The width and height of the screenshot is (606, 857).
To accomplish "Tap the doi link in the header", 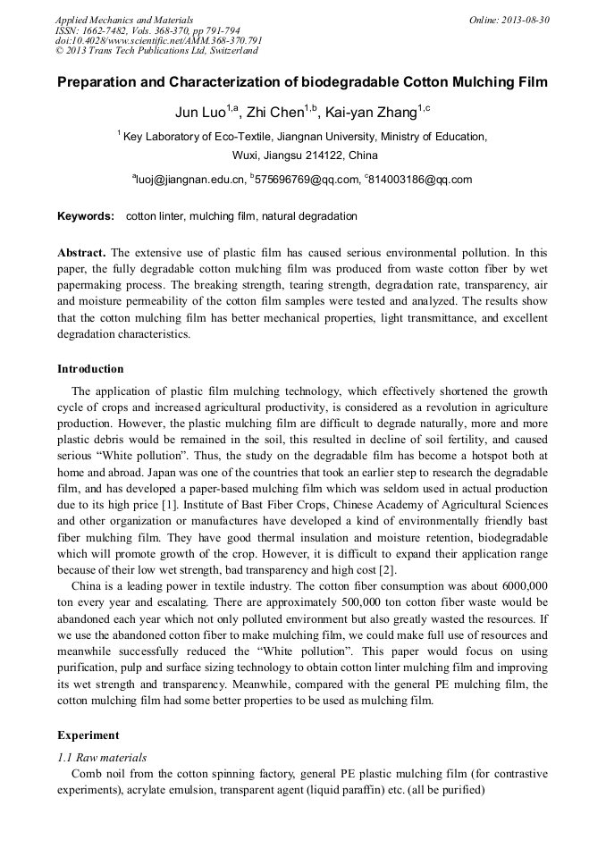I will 158,40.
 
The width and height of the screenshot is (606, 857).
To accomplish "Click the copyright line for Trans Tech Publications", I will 156,51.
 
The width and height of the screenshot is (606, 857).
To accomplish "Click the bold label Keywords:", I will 86,216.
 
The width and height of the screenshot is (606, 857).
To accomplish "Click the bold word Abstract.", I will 81,253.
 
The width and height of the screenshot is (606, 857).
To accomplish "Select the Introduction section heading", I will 90,369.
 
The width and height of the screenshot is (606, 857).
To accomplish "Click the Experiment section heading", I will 88,735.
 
